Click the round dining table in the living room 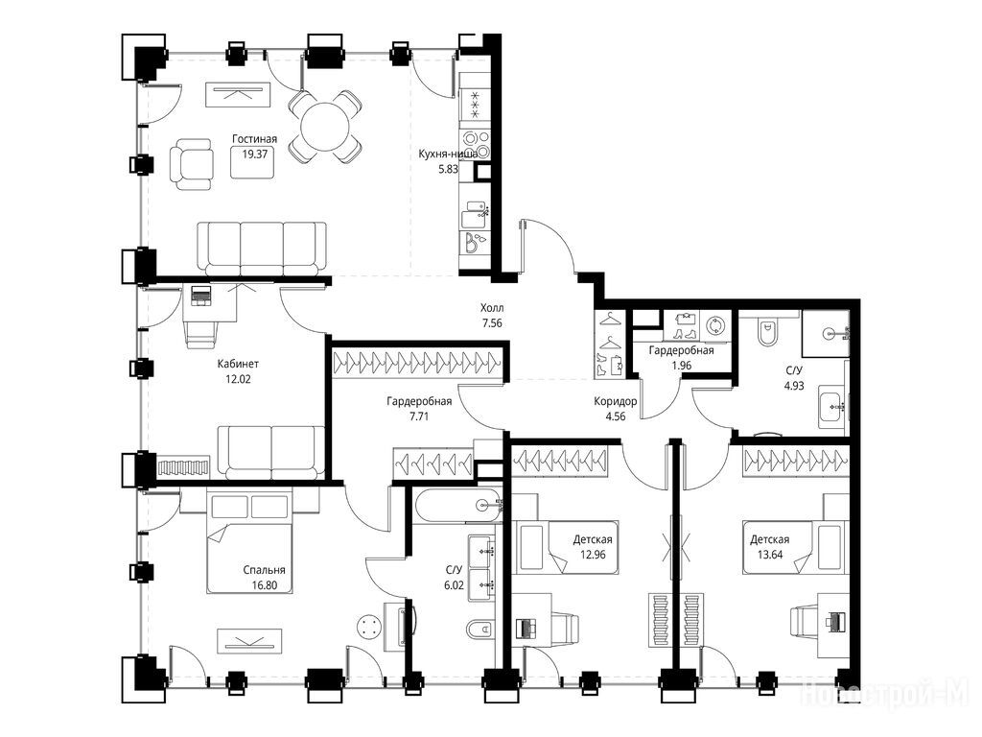[x=325, y=128]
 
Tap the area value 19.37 [x=254, y=154]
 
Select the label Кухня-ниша [x=448, y=154]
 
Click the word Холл [x=492, y=308]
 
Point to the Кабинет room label [x=238, y=364]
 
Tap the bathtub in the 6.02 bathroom [x=457, y=505]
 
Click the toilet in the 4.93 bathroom [x=767, y=331]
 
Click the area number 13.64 [x=770, y=554]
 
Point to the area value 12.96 [x=593, y=554]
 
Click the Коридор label [x=616, y=402]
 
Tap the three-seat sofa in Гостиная [x=263, y=248]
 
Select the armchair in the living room [x=191, y=163]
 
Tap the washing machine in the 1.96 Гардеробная [x=715, y=326]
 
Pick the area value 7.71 [x=418, y=416]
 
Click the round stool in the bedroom [x=368, y=628]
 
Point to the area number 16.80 [x=265, y=585]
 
